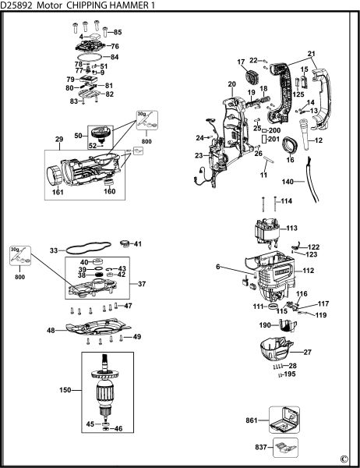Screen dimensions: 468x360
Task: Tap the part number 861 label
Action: click(x=251, y=419)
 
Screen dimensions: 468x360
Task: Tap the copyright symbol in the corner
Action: click(x=344, y=459)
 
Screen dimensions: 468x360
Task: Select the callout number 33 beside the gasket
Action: click(x=54, y=251)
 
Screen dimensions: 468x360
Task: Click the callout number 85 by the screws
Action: click(x=118, y=32)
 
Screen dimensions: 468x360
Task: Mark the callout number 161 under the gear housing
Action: click(x=58, y=190)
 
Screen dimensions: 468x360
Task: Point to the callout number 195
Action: click(x=291, y=374)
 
